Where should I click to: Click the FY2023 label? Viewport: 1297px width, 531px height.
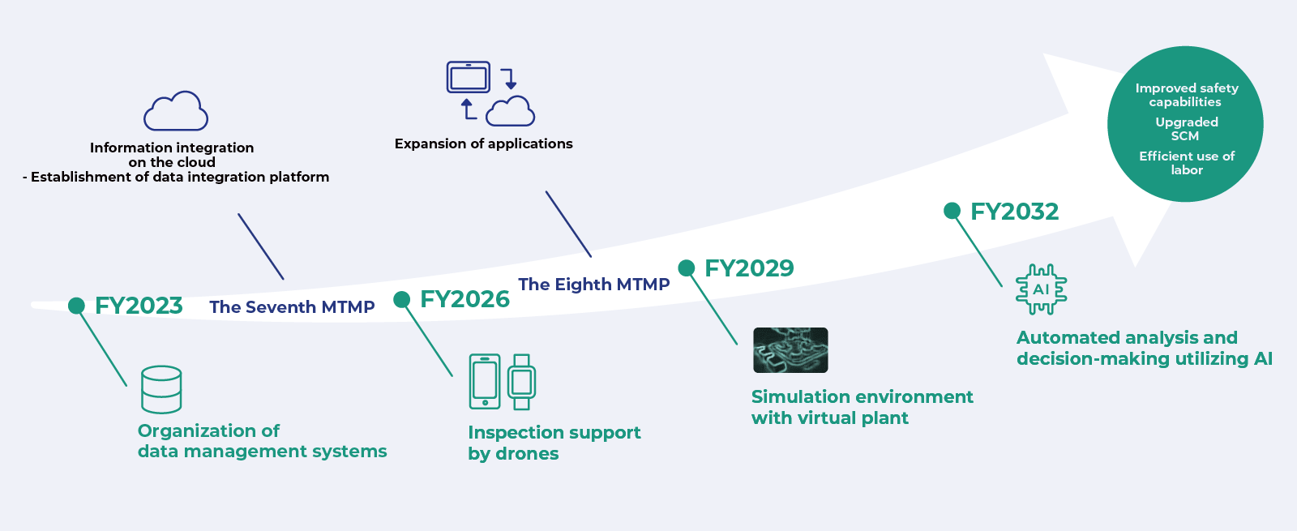coord(139,306)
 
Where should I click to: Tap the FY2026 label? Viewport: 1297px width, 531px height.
coord(464,299)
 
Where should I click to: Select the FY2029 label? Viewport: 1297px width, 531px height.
coord(749,268)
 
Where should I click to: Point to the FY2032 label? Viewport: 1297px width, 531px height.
coord(1014,212)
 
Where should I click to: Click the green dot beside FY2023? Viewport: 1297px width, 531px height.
coord(77,306)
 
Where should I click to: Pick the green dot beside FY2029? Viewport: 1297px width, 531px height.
coord(687,268)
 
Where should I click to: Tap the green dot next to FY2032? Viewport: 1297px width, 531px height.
coord(952,211)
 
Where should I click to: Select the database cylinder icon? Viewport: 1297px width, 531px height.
coord(161,389)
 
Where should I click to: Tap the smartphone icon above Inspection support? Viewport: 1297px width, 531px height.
coord(485,382)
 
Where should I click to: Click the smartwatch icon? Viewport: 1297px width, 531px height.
coord(521,382)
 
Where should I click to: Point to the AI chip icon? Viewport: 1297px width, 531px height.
coord(1041,289)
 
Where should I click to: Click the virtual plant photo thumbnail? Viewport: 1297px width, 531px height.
coord(790,350)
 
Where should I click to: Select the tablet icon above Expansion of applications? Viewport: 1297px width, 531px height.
coord(469,78)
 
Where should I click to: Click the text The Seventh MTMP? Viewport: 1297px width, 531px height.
coord(292,307)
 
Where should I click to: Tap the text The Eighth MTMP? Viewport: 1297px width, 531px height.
coord(593,285)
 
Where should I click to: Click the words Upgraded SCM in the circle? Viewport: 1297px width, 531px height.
coord(1186,129)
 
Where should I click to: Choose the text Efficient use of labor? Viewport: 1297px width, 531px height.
coord(1186,163)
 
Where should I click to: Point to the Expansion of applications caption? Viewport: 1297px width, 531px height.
coord(483,143)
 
